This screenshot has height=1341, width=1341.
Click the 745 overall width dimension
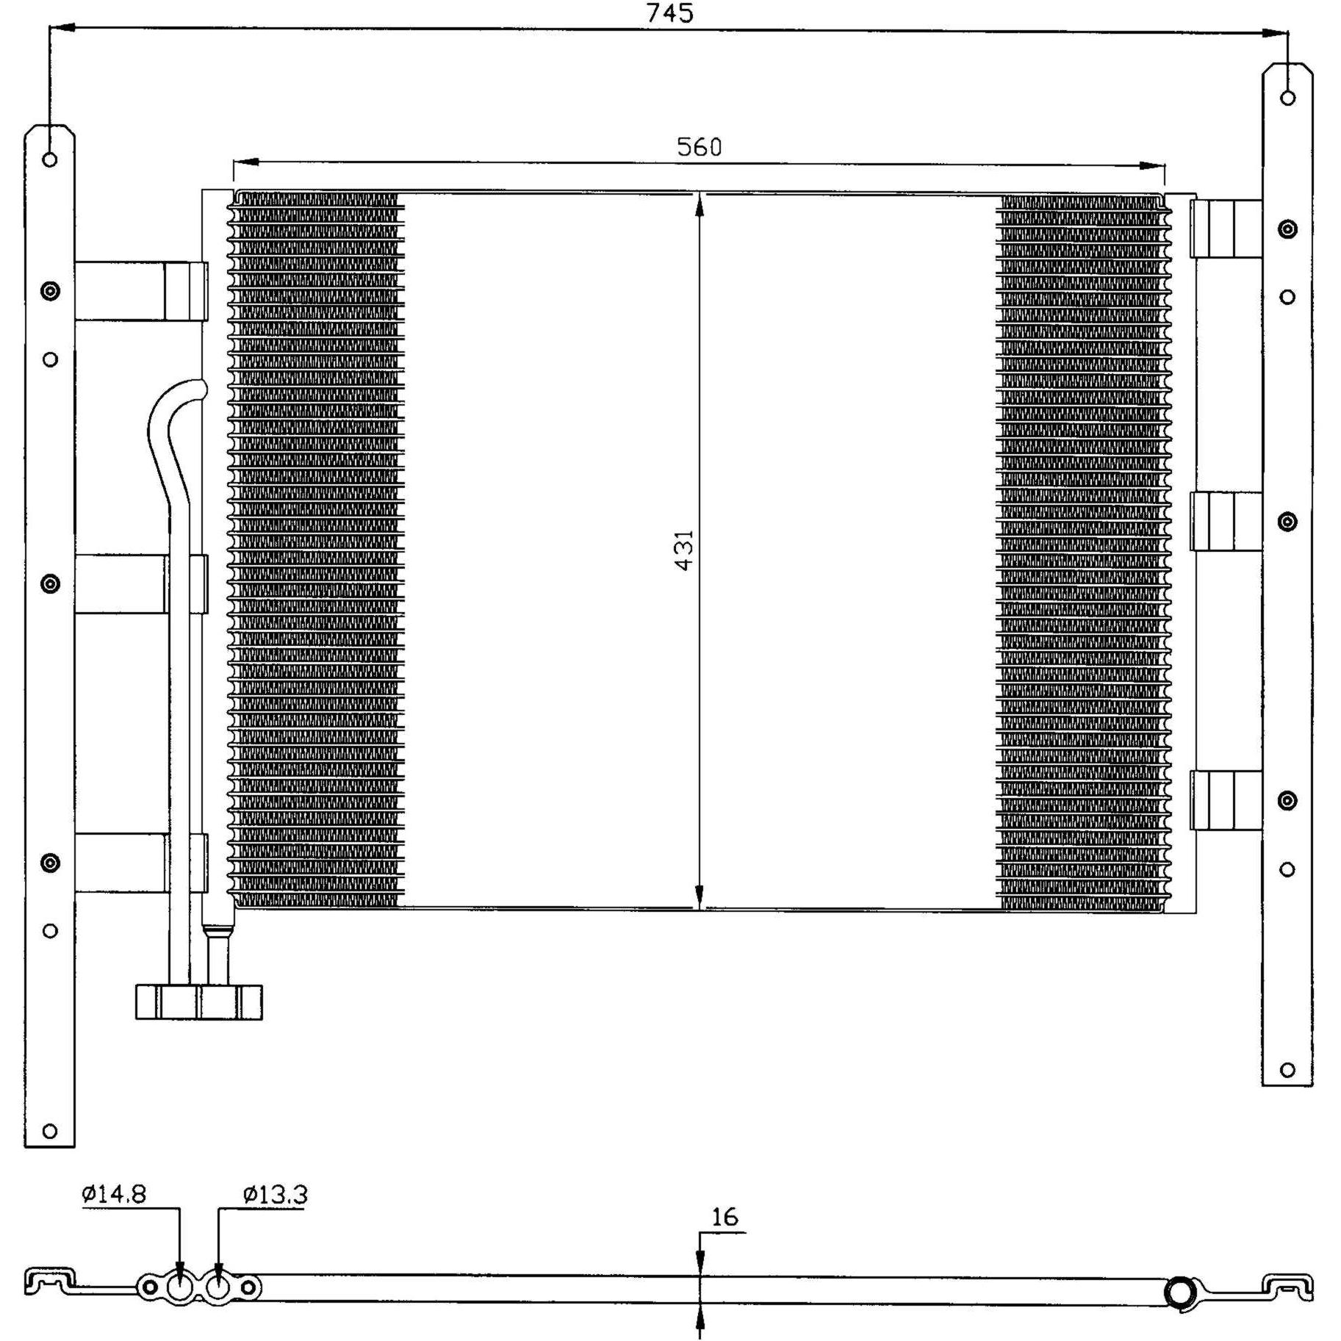[x=669, y=13]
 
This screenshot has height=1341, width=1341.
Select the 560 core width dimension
[x=699, y=147]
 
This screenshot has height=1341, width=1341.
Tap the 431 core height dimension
[x=684, y=550]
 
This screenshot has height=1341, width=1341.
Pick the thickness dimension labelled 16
[x=725, y=1217]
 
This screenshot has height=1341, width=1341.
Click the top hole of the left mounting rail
[x=49, y=159]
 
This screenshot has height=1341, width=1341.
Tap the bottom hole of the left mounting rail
[x=49, y=1131]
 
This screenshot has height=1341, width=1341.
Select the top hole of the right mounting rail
[x=1287, y=97]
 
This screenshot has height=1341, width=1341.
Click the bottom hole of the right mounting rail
[x=1287, y=1070]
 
